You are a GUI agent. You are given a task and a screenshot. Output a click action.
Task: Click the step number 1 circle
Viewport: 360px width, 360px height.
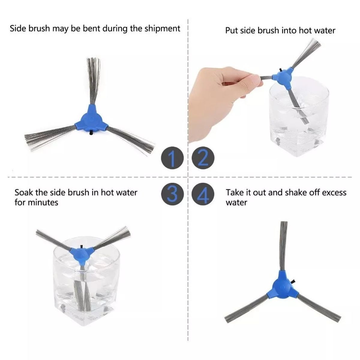click(x=172, y=158)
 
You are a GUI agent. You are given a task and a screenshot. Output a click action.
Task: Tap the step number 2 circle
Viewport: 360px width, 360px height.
click(x=203, y=158)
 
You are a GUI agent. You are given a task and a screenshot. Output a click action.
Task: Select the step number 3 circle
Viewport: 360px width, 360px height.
click(x=172, y=194)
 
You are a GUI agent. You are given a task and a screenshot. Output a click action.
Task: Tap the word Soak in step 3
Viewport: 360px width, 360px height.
click(x=22, y=192)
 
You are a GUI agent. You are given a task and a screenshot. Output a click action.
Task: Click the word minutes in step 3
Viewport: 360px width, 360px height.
click(x=43, y=202)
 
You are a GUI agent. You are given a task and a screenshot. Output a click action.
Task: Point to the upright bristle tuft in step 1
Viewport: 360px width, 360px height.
click(x=93, y=78)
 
